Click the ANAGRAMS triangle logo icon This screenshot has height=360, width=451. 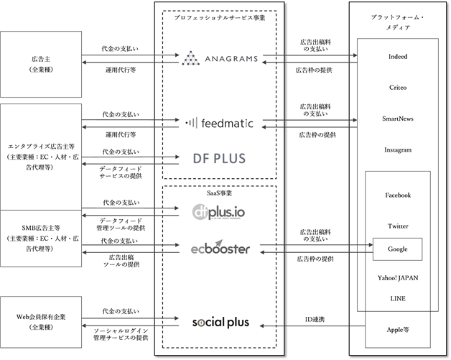click(x=191, y=58)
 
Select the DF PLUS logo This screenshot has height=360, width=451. click(x=219, y=159)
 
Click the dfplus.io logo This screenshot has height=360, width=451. click(x=218, y=213)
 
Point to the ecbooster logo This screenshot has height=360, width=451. click(x=220, y=248)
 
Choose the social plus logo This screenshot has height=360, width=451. click(x=220, y=323)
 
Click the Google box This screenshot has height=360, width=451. click(x=398, y=249)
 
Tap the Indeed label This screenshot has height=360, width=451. click(x=398, y=56)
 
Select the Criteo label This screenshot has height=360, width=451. click(x=398, y=88)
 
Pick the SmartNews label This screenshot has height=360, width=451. click(x=398, y=119)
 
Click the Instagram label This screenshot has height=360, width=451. click(x=398, y=150)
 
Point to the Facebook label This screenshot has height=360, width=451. click(x=398, y=195)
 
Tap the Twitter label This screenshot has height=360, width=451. click(x=398, y=226)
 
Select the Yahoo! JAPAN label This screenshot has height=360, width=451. click(x=398, y=278)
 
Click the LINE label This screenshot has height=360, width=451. click(x=398, y=299)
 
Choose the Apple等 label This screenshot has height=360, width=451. click(x=398, y=330)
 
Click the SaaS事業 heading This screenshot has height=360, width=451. click(x=219, y=193)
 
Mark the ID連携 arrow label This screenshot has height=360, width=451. click(x=315, y=320)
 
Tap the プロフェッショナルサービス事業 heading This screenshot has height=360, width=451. click(x=220, y=18)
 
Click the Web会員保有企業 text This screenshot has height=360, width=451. click(x=41, y=317)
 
